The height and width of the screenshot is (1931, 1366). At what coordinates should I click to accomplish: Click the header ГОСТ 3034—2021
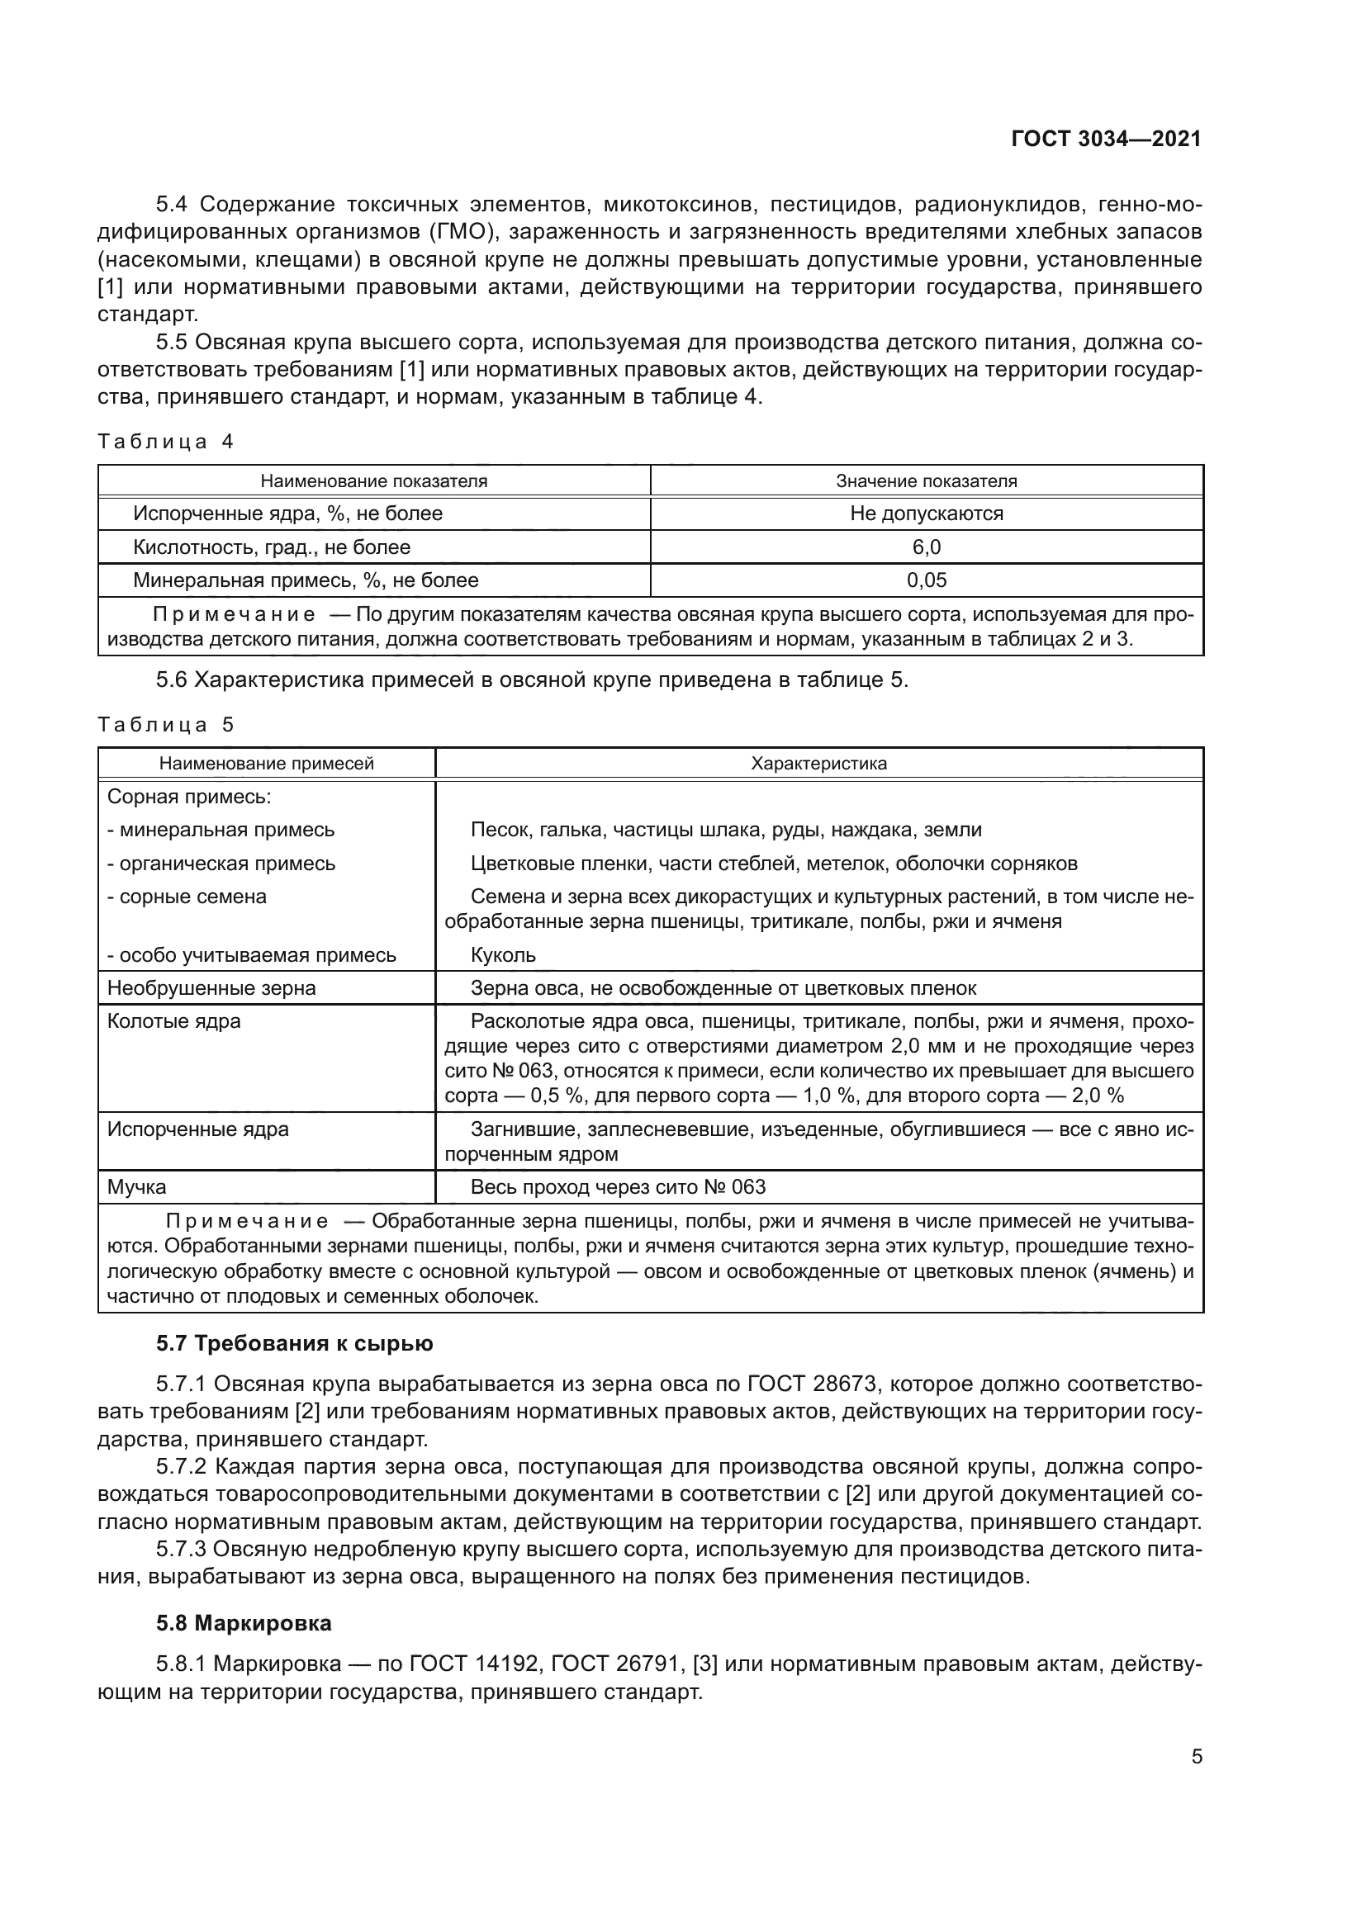click(1106, 139)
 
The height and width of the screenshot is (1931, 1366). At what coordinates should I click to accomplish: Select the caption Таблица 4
click(166, 442)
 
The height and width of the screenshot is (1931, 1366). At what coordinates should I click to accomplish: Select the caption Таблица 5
click(166, 724)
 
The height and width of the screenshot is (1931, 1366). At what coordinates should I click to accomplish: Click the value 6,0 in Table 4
click(926, 547)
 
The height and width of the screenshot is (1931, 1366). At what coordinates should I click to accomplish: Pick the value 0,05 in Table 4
click(926, 580)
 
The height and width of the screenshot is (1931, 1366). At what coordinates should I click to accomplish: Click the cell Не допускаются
click(926, 514)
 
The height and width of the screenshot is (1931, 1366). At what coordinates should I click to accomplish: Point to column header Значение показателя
click(926, 481)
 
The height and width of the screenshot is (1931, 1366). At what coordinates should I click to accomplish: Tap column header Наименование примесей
click(267, 764)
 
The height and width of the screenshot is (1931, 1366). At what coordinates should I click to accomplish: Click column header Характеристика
click(818, 764)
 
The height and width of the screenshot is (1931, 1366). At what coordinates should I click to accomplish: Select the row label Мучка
click(137, 1186)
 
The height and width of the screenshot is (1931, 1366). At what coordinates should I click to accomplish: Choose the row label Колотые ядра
click(174, 1021)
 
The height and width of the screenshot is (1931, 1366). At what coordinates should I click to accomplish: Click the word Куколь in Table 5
click(503, 955)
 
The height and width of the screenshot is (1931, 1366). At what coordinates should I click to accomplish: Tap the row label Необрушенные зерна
click(212, 988)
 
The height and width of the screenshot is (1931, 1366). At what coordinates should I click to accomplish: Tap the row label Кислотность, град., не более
click(272, 547)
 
